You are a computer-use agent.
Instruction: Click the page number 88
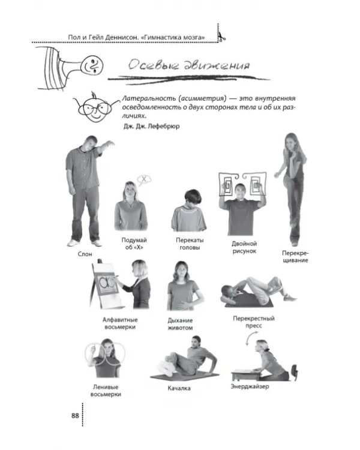75,416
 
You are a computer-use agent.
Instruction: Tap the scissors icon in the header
221,37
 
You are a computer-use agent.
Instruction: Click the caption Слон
85,254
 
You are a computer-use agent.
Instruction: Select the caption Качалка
179,388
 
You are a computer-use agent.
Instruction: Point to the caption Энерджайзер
250,386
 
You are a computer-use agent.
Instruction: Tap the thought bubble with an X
144,179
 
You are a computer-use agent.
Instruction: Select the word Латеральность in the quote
149,98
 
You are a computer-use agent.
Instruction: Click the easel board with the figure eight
105,284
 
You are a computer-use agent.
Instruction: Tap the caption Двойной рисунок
244,247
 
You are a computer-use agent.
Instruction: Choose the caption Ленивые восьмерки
106,391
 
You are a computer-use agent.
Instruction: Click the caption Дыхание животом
180,324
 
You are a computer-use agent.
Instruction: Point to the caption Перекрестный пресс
254,322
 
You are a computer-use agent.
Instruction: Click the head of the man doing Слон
89,144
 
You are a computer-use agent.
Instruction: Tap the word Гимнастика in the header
164,37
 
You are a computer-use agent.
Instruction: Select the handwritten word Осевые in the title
152,65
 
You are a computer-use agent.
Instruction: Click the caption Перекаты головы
190,244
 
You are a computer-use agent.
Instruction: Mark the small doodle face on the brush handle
92,66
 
